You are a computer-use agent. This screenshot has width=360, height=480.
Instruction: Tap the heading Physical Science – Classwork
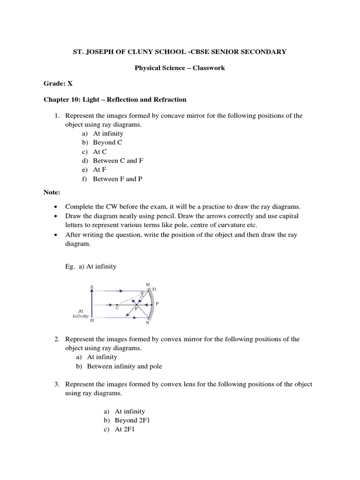180,68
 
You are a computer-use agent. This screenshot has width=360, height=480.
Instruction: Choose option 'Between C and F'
118,160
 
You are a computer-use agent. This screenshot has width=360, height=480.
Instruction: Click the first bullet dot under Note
56,207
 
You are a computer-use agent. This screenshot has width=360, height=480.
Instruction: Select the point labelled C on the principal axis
117,308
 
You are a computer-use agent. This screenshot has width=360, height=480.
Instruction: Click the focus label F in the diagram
136,309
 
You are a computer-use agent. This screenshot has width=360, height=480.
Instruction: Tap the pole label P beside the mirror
157,303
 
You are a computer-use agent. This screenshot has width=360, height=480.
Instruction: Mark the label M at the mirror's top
148,285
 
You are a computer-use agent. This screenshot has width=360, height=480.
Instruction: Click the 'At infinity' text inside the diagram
81,314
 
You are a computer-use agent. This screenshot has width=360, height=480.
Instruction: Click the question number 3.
56,384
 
